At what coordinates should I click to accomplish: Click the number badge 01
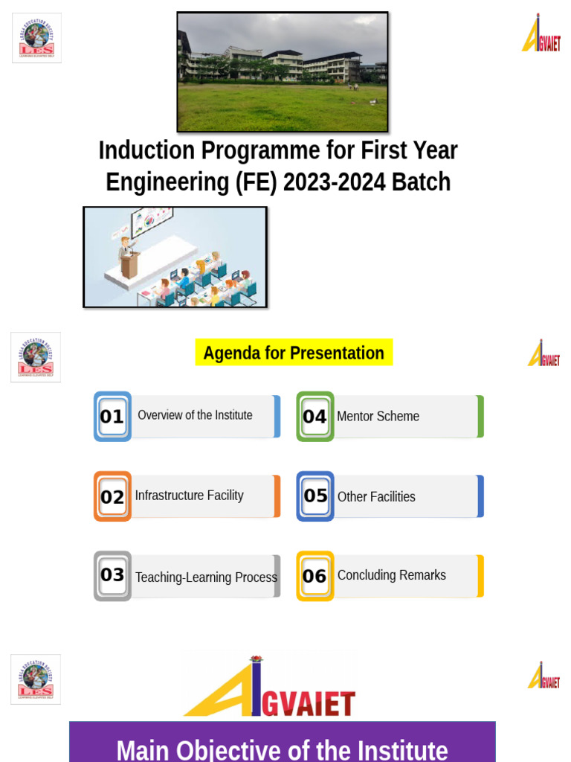pos(112,417)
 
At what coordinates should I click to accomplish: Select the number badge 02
pos(112,496)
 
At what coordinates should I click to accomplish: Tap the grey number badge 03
pos(112,575)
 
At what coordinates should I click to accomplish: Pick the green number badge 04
pos(314,417)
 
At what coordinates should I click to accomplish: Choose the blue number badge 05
pos(315,496)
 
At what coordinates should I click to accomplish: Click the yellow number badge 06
pos(314,575)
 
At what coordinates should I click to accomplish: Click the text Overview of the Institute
pos(195,415)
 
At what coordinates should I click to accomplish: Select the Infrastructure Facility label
pos(189,496)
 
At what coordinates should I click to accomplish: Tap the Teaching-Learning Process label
pos(206,577)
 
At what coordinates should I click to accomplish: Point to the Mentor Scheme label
pos(378,417)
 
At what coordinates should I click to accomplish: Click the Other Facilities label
pos(376,497)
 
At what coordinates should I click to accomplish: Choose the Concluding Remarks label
pos(391,575)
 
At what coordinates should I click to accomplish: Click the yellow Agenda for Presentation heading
pos(294,353)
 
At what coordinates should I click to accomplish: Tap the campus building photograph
pos(283,72)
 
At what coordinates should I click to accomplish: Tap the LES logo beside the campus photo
pos(36,37)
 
